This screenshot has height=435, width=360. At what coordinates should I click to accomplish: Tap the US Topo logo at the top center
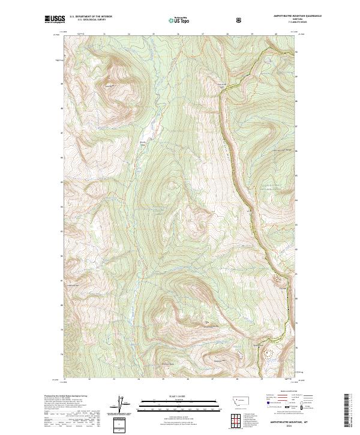180,20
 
